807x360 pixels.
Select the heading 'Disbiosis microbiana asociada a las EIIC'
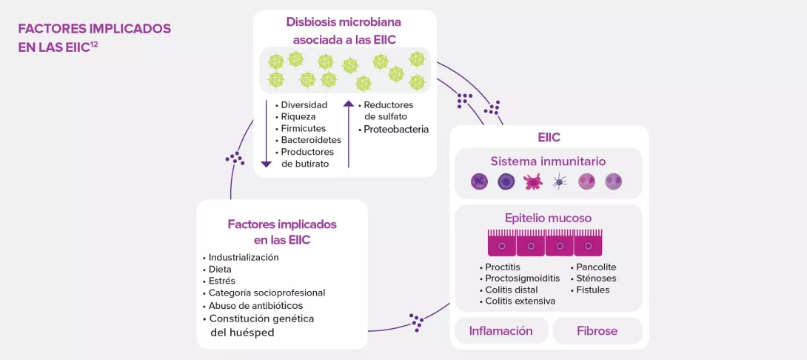[x=345, y=30]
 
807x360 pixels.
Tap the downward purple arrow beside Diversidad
[x=266, y=133]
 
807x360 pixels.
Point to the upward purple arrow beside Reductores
[x=349, y=133]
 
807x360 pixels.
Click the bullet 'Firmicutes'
[x=303, y=128]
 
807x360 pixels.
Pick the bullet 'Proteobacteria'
[x=396, y=129]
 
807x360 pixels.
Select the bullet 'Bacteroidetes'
[x=310, y=140]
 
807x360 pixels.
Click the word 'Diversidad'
[x=304, y=105]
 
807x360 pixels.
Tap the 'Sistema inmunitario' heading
[x=548, y=161]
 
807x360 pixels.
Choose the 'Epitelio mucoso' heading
[x=548, y=218]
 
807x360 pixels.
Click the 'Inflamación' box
[x=500, y=330]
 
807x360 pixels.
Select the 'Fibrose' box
[x=597, y=330]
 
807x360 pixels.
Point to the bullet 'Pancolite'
[x=596, y=267]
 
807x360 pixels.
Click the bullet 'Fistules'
[x=592, y=290]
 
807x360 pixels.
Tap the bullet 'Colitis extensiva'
[x=520, y=301]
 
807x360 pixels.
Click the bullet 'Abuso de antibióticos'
[x=255, y=305]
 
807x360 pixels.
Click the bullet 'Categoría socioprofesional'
[x=267, y=293]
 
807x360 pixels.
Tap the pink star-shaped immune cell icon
[x=533, y=181]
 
